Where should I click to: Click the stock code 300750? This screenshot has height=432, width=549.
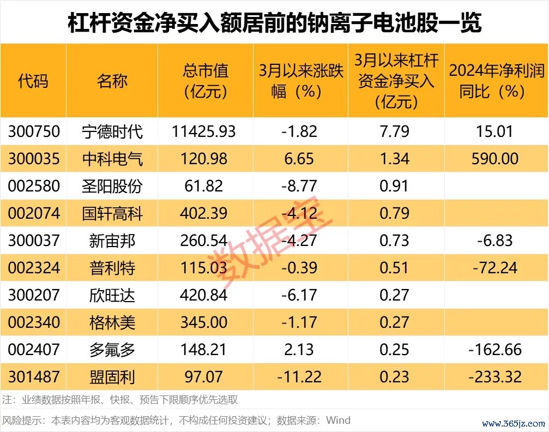[x=33, y=131]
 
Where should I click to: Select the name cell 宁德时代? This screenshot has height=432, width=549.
[x=112, y=131]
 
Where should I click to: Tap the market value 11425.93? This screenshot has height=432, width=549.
[x=204, y=131]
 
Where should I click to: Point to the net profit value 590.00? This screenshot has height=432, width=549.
[x=494, y=159]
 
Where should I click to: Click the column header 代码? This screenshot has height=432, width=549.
[x=33, y=81]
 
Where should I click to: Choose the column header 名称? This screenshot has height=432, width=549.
[x=112, y=81]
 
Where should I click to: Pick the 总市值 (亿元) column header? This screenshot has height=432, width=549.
[x=205, y=81]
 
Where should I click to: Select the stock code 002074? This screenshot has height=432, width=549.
[x=33, y=213]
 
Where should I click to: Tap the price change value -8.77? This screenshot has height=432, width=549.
[x=299, y=186]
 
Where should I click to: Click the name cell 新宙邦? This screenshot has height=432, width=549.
[x=112, y=241]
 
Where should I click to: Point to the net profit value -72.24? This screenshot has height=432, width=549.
[x=494, y=268]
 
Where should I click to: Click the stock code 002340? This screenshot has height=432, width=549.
[x=33, y=322]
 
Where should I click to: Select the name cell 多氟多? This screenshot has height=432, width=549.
[x=112, y=350]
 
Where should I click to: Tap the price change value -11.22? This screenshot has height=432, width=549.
[x=299, y=376]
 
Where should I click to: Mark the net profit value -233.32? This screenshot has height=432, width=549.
[x=494, y=376]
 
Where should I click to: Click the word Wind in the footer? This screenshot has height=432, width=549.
[x=338, y=421]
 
